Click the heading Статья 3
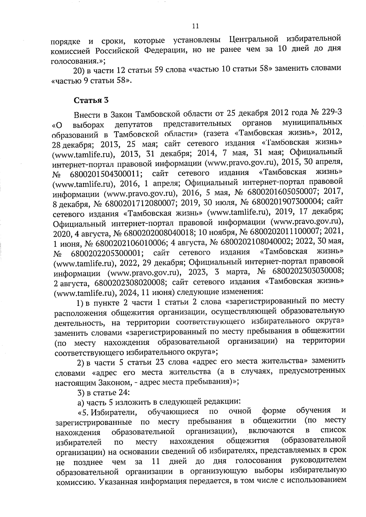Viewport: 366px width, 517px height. (91, 100)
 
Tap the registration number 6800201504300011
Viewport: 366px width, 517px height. (106, 174)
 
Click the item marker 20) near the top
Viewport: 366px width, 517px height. (79, 71)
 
